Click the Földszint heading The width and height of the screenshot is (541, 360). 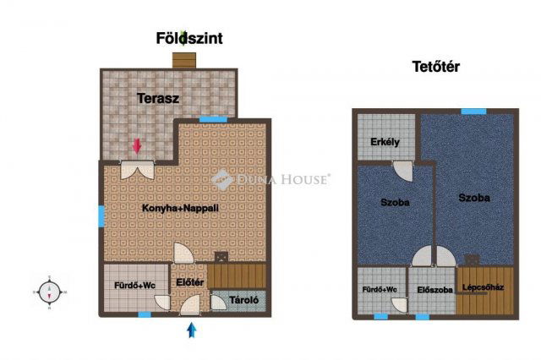(x=189, y=38)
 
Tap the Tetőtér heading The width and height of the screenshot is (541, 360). (x=436, y=67)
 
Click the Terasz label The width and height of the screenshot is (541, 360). (x=158, y=98)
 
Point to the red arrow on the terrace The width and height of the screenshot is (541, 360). (x=137, y=146)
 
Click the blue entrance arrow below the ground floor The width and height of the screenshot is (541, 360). (x=192, y=330)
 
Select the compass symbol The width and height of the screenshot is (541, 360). (x=49, y=292)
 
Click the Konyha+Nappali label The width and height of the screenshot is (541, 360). (x=180, y=208)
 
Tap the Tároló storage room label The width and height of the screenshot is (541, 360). (x=244, y=300)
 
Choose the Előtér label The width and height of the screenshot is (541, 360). (x=189, y=282)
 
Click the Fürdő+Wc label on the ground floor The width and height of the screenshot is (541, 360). (x=135, y=286)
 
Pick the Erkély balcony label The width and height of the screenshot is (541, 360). (x=385, y=142)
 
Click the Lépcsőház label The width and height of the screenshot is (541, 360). (x=483, y=286)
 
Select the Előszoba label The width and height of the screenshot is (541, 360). (x=434, y=290)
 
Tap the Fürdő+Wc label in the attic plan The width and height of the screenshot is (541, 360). (x=380, y=290)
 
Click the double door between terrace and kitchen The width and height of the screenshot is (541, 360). (x=137, y=170)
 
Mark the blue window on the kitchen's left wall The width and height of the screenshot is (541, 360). (x=101, y=216)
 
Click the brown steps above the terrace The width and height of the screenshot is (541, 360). (x=184, y=60)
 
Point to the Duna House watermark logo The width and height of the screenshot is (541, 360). (x=270, y=179)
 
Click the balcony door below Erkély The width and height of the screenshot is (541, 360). (x=403, y=171)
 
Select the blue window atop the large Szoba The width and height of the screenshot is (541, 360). (x=473, y=112)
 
